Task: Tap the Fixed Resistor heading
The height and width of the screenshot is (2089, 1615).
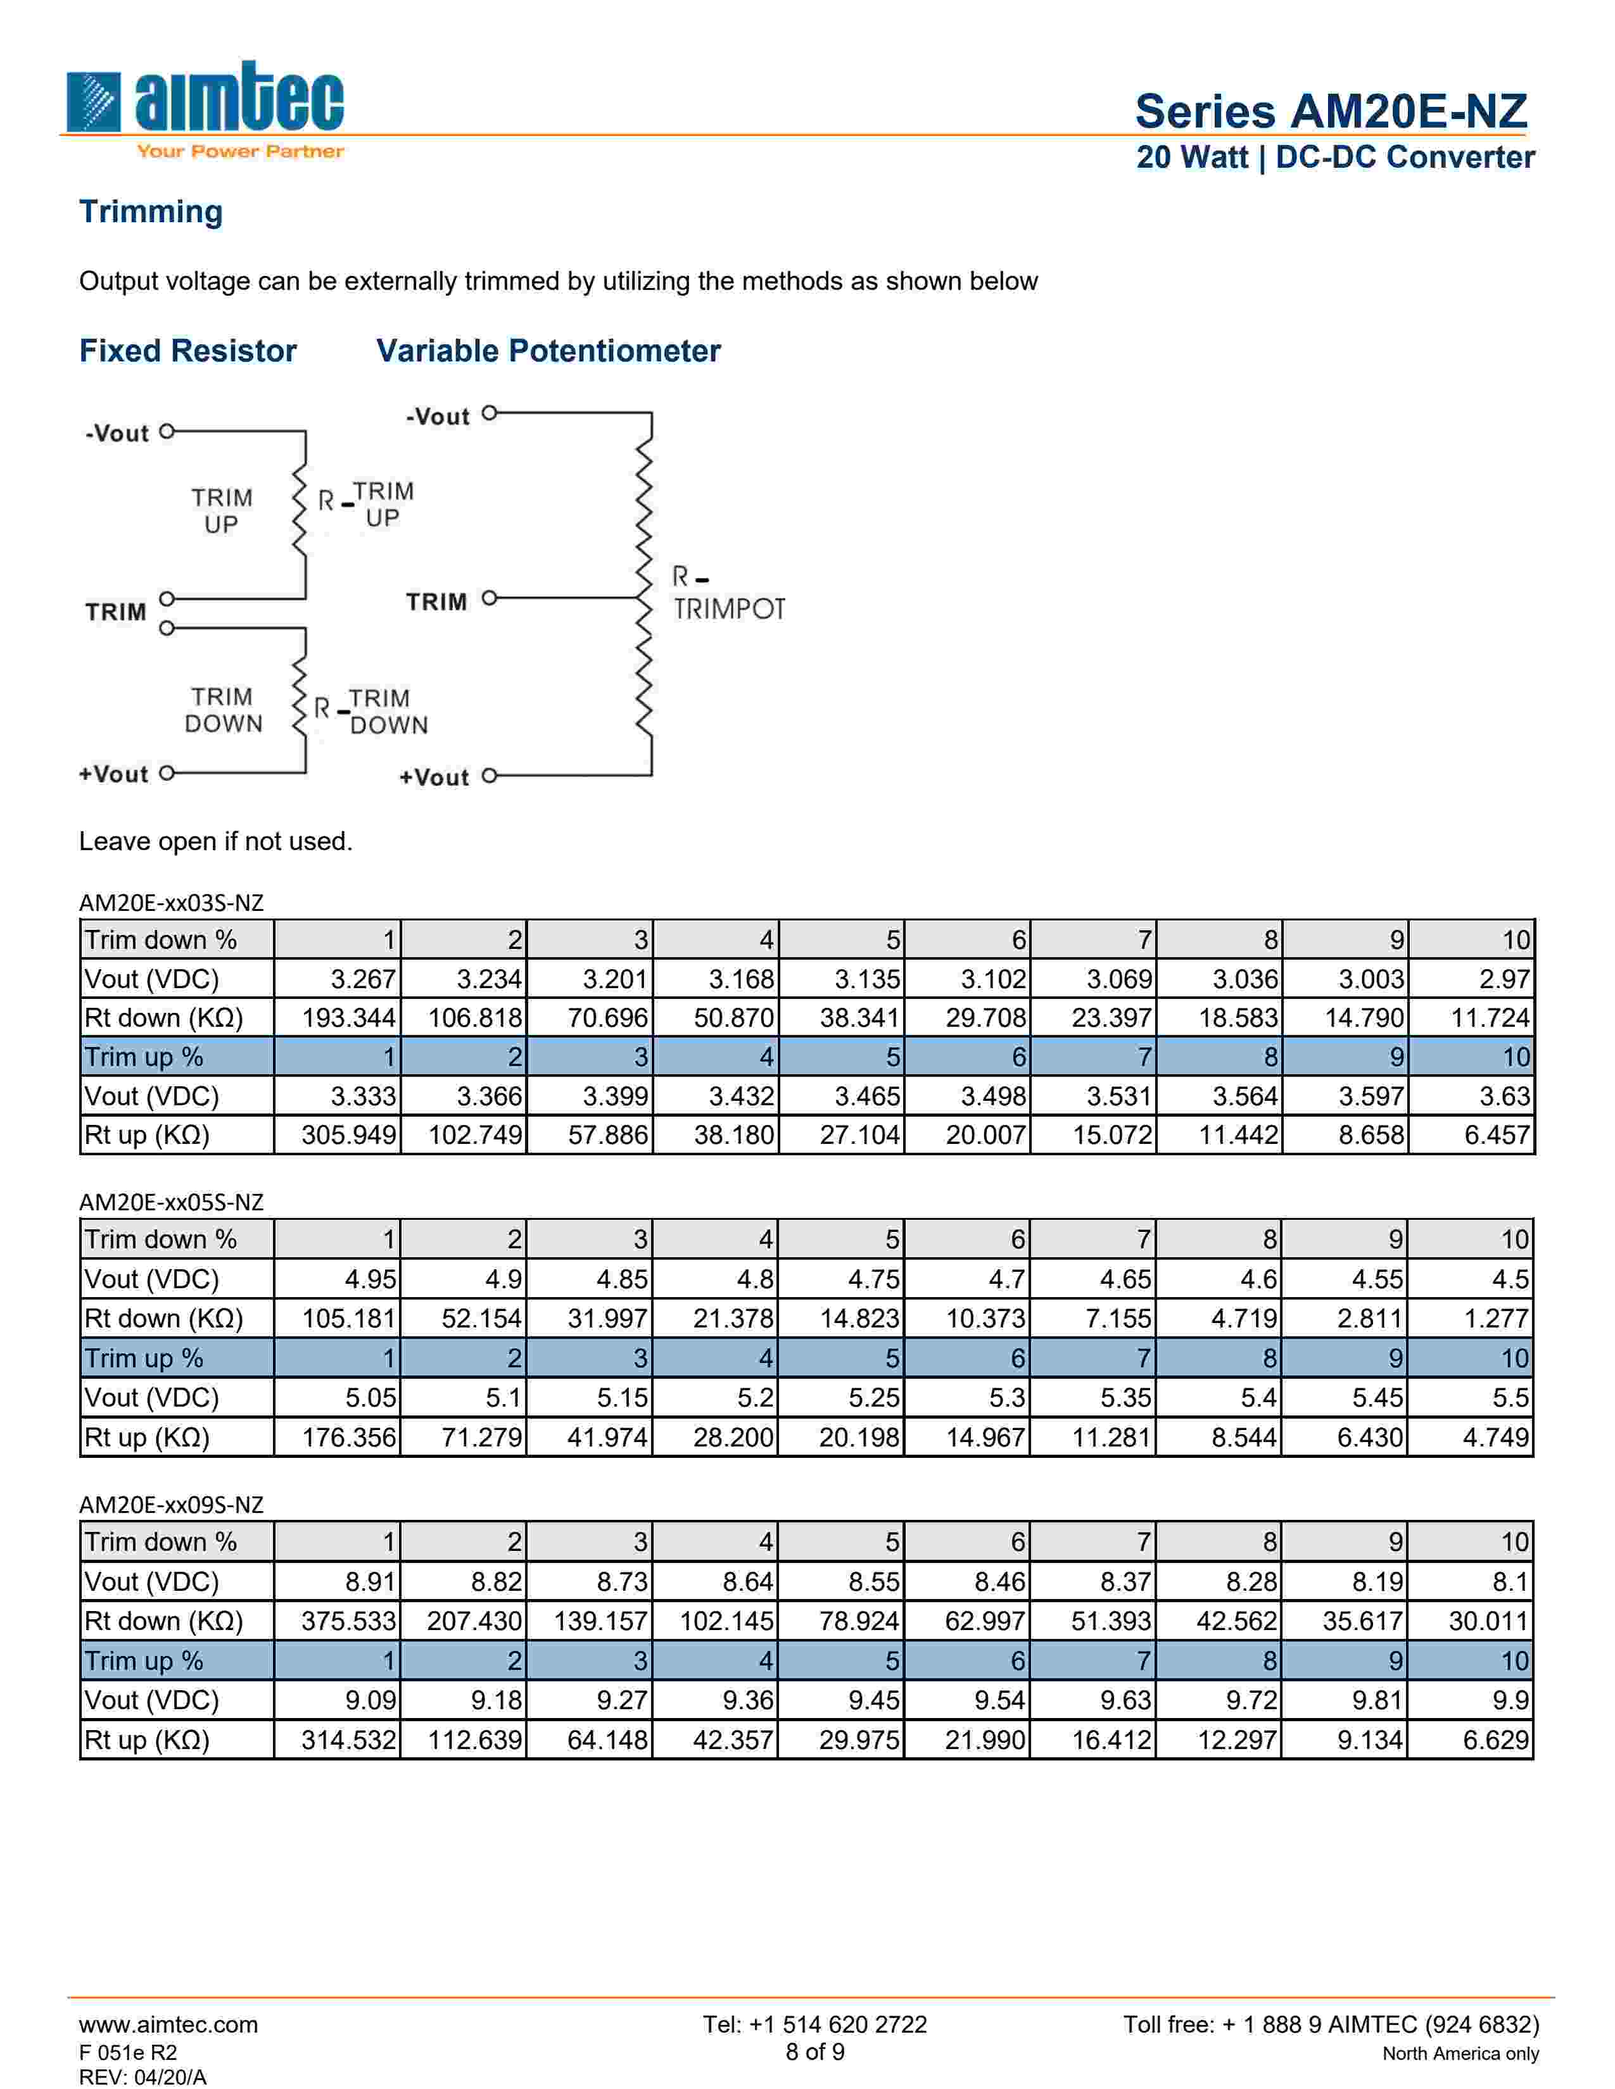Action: pos(187,351)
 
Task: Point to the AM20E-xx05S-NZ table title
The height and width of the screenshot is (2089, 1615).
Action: pos(170,1202)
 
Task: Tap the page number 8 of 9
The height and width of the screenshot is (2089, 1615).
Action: pos(814,2052)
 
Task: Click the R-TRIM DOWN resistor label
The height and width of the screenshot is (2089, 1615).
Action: pos(371,712)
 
